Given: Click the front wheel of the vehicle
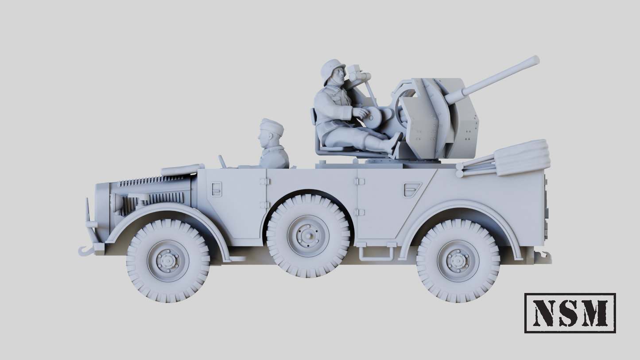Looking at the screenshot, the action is [168, 261].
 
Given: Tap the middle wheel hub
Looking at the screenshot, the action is [308, 236].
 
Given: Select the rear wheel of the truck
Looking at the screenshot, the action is [458, 261].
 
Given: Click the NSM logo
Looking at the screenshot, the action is [570, 313].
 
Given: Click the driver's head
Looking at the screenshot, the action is [270, 133].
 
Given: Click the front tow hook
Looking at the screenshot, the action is [86, 251].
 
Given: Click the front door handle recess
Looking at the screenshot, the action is [217, 189].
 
